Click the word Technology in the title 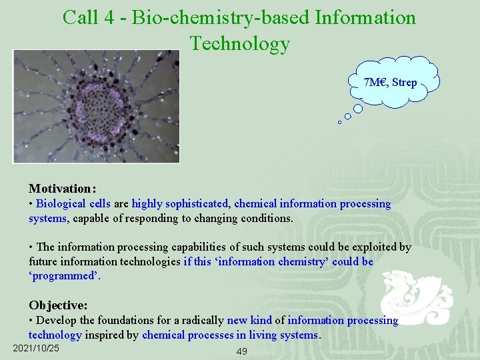240,43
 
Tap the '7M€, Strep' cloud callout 391,83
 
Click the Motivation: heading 62,189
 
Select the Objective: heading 58,305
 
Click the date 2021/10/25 36,349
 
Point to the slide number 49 241,351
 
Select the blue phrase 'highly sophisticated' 181,203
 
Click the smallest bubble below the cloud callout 339,123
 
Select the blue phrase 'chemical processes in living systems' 231,335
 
